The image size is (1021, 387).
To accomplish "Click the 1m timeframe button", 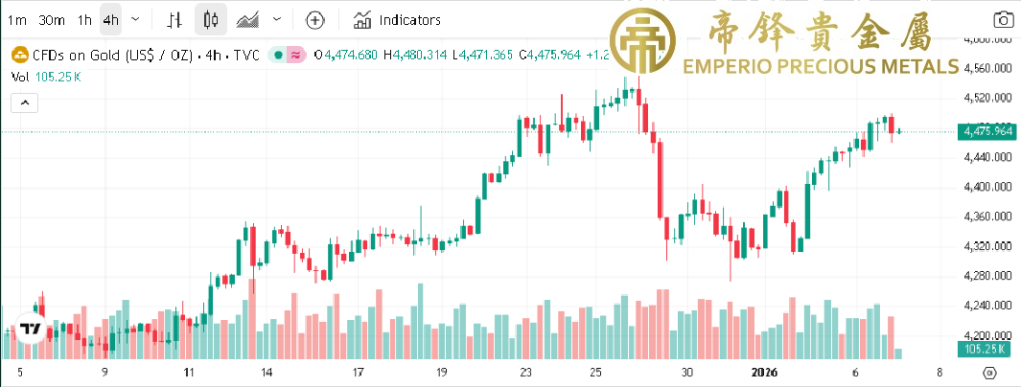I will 17,19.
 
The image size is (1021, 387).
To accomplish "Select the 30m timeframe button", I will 52,19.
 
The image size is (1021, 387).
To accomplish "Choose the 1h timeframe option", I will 84,19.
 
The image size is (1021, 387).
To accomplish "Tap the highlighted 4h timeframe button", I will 111,19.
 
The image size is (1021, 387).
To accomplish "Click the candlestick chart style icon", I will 213,19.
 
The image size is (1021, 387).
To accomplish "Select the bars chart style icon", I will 174,19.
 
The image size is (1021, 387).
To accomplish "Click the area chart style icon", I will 248,19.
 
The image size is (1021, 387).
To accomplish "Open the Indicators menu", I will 398,19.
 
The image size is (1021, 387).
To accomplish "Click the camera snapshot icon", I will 1003,19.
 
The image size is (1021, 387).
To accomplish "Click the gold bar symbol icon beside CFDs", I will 18,56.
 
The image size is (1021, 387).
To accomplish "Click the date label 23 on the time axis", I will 525,373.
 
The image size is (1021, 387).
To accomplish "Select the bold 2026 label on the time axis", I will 764,373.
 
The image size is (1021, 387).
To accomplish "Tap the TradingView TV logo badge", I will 31,329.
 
